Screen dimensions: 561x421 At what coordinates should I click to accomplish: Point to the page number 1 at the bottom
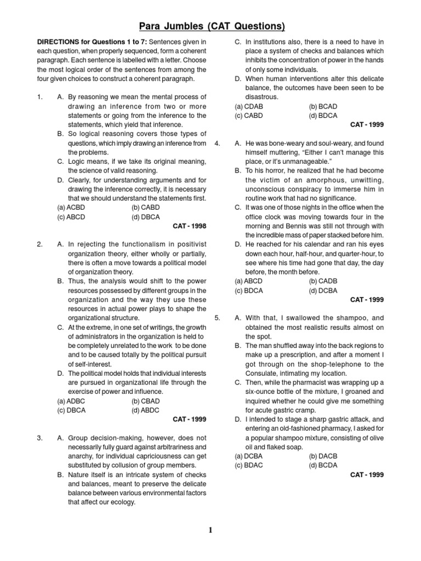[210, 530]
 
